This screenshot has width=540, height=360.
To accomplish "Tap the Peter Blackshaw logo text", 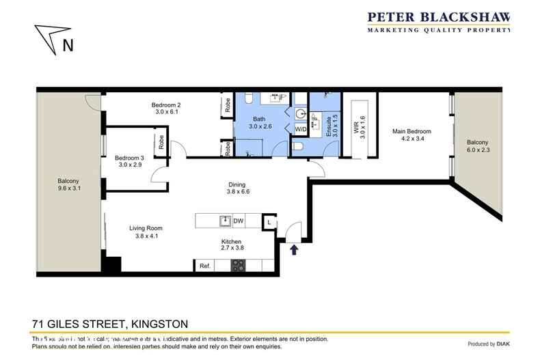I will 439,18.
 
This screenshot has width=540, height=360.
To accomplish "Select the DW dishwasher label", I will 239,221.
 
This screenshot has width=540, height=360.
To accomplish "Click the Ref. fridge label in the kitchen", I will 204,266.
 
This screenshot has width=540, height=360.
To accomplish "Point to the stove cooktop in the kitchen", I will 239,266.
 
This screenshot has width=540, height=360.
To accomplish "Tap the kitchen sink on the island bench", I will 224,221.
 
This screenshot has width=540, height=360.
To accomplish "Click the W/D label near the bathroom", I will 300,128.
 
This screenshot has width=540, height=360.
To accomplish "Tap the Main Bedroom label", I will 411,131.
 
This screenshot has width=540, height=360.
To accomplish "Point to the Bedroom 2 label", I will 166,105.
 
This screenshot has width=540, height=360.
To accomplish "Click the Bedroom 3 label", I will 129,157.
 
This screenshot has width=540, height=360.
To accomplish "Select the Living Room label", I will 146,228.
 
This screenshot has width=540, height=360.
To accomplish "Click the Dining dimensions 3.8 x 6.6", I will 237,192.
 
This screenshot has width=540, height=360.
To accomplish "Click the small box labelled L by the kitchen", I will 270,221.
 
